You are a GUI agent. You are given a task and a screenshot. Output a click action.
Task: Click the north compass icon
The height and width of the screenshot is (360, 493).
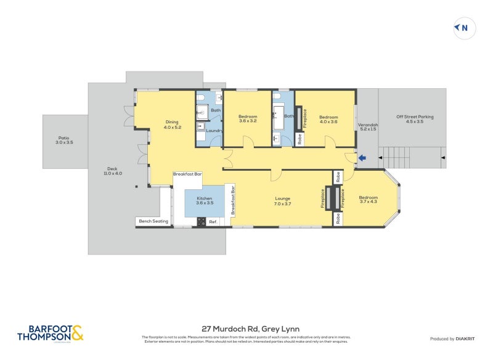[464, 28]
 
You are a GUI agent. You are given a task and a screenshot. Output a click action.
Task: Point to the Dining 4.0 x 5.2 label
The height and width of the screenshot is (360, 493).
[171, 125]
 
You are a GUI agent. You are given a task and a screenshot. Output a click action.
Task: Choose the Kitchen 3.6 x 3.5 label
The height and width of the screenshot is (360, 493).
[204, 201]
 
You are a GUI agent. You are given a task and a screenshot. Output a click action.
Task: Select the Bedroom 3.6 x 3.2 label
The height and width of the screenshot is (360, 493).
[248, 119]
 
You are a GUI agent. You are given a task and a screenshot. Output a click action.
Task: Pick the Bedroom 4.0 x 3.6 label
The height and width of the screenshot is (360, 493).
[328, 120]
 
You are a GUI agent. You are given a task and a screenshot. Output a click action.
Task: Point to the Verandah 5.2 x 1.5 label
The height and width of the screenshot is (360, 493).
[368, 128]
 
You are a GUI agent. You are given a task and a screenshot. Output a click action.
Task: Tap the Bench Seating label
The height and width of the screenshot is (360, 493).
[153, 221]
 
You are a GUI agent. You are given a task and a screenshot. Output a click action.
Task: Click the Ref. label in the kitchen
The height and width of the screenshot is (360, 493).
[213, 221]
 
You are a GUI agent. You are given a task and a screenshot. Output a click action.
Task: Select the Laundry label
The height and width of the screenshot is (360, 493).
[214, 131]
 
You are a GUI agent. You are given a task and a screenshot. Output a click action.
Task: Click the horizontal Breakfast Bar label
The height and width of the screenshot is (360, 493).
[187, 174]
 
